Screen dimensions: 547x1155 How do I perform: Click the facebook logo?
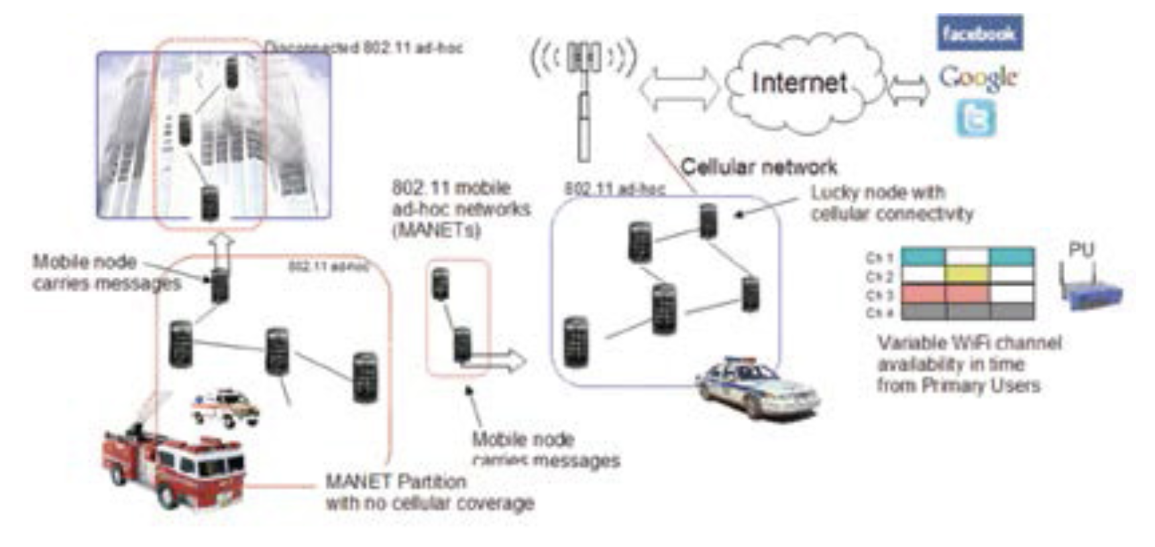coord(979,33)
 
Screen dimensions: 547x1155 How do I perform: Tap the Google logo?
coord(978,78)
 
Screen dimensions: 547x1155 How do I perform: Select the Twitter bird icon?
coord(975,119)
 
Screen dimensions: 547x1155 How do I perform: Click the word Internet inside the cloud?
coord(798,83)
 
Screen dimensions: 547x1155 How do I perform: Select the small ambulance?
coord(225,406)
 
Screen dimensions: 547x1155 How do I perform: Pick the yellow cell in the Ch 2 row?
coord(967,275)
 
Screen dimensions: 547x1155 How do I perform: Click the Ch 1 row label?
coord(879,258)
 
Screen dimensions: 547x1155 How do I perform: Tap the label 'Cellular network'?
coord(759,166)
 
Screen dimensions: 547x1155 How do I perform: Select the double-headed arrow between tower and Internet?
coord(678,87)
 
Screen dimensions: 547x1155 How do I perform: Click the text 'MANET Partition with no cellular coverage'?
coord(429,491)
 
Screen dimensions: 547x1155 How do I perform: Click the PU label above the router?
coord(1081,250)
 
